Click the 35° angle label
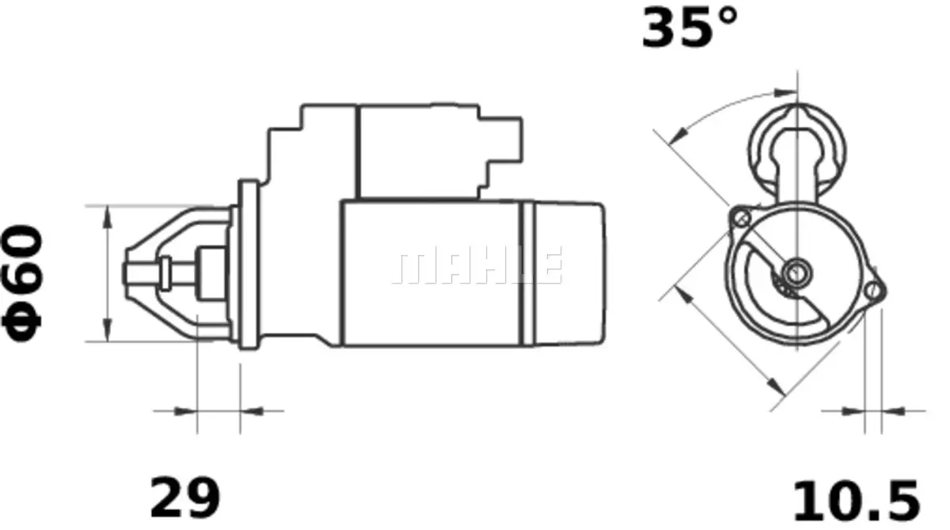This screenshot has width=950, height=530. (689, 29)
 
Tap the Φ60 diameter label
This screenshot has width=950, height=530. (23, 283)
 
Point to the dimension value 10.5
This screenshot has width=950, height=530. (857, 501)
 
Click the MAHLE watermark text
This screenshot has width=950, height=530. (478, 266)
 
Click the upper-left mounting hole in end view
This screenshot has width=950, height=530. (741, 218)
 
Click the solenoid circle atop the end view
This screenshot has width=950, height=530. (796, 143)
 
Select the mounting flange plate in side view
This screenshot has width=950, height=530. (249, 265)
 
